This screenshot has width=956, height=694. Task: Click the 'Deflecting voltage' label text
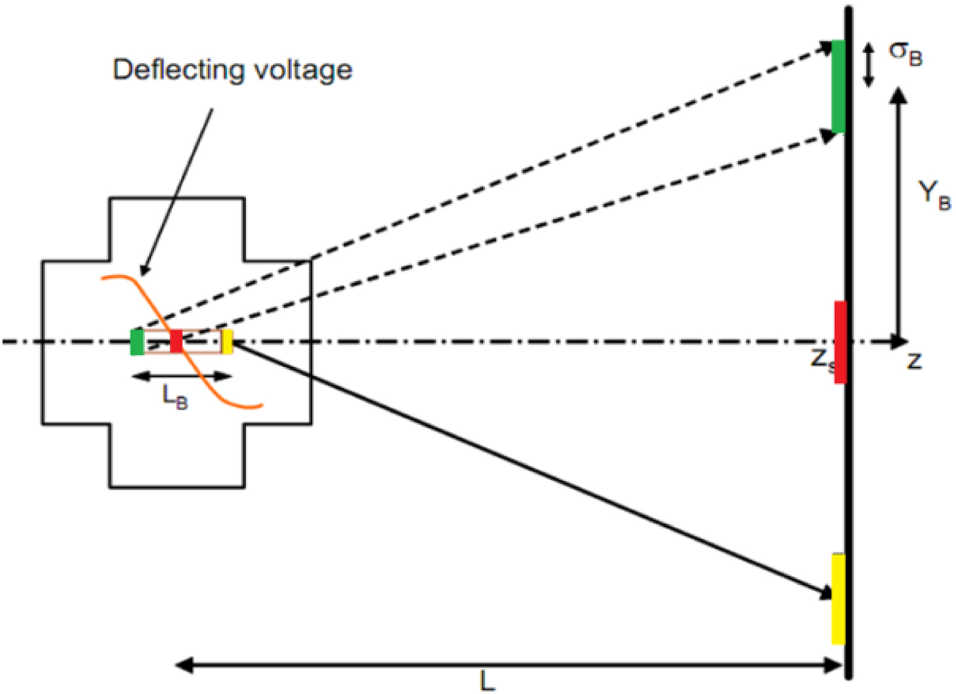coord(232,70)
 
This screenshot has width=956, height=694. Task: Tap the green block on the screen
coord(838,87)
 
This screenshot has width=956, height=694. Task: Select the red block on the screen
coord(840,341)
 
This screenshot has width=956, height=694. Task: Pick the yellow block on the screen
coord(838,599)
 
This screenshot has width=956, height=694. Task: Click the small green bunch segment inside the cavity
coord(137,342)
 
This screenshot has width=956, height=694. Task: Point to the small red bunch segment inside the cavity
coord(176,341)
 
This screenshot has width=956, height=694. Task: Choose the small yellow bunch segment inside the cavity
coord(227,341)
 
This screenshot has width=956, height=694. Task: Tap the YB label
coord(933,194)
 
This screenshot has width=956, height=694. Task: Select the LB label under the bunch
coord(175,396)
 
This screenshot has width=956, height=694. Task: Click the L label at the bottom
coord(487,681)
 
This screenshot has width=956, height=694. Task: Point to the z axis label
coord(914,360)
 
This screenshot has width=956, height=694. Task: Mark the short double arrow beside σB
coord(869,66)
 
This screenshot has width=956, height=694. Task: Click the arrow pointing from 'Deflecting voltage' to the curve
coord(178,191)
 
